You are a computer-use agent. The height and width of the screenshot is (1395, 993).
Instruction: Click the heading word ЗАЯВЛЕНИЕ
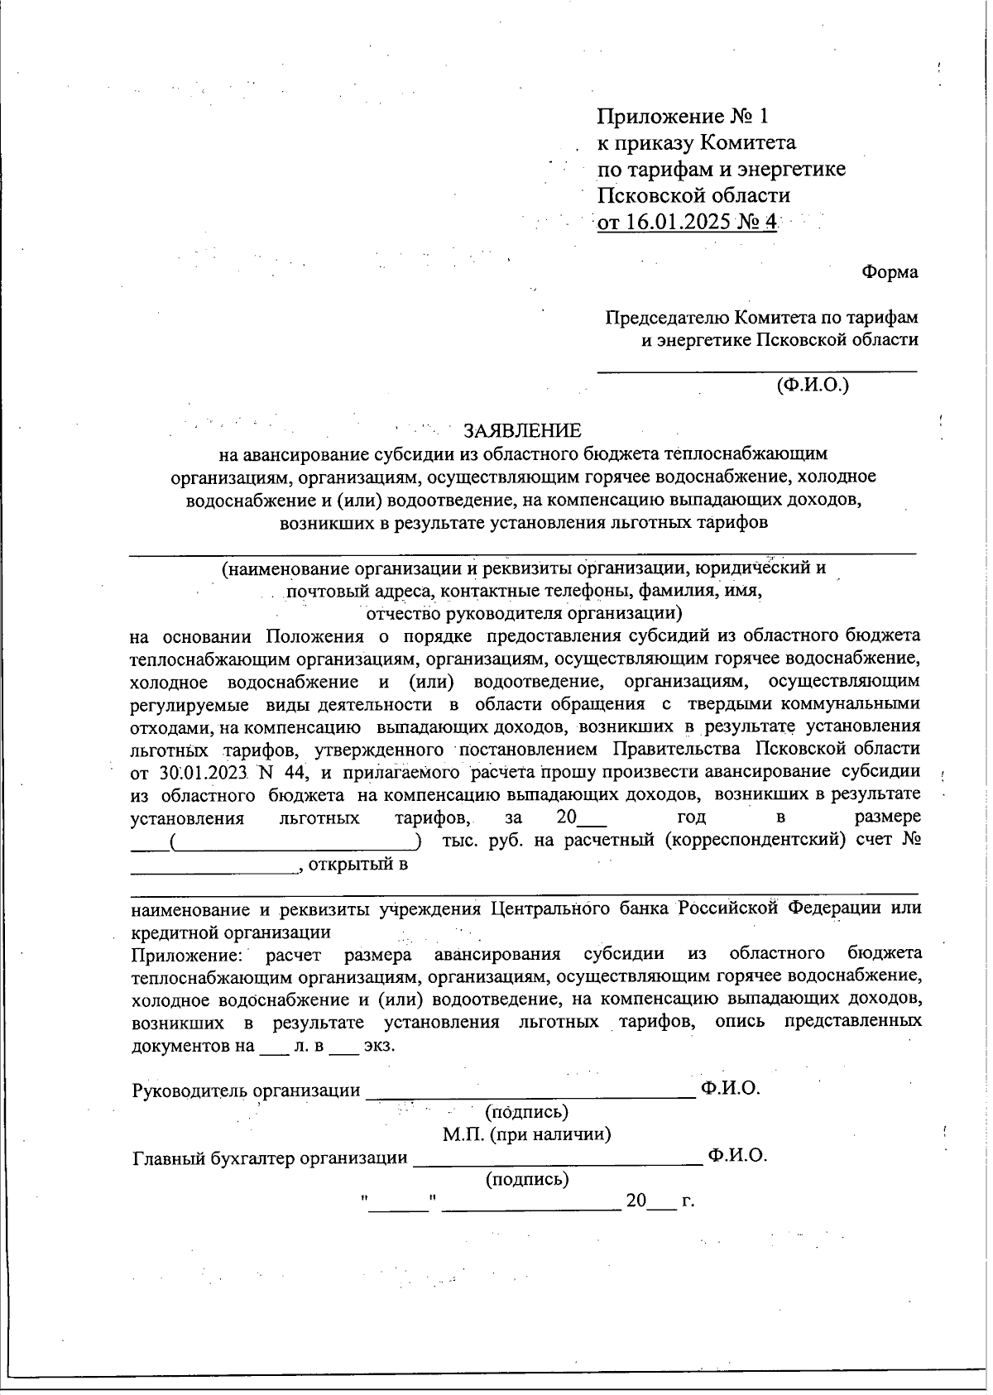[x=522, y=431]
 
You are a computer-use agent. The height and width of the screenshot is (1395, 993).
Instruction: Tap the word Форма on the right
[x=890, y=271]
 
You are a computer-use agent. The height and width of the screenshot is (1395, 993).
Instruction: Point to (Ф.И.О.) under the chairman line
[x=812, y=385]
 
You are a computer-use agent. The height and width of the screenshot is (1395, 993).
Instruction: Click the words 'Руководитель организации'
[x=246, y=1091]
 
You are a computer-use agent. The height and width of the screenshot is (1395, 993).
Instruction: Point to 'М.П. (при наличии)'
[x=526, y=1134]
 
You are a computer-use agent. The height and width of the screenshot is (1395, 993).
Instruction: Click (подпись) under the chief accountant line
[x=526, y=1179]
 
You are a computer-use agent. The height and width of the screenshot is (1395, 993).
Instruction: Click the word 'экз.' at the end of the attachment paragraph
[x=379, y=1046]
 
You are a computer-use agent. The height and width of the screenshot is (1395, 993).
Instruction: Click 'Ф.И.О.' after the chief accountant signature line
[x=737, y=1156]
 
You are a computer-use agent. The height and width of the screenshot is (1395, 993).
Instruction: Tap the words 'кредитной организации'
[x=231, y=932]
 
